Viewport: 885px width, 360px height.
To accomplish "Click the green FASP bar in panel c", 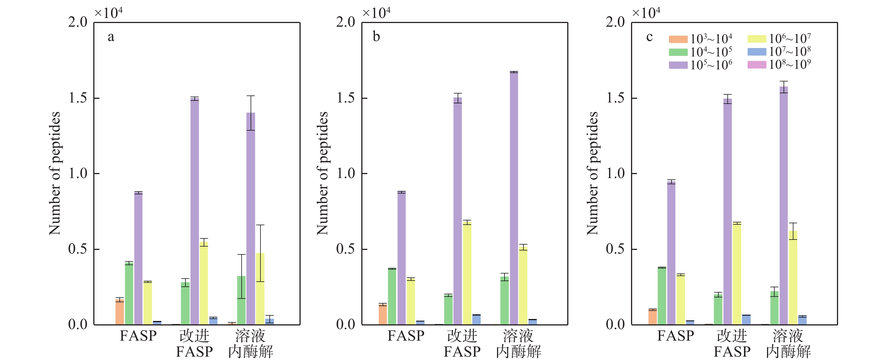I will point(662,296).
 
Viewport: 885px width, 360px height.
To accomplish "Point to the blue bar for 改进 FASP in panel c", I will point(746,320).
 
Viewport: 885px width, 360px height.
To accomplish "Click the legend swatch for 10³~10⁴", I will point(678,39).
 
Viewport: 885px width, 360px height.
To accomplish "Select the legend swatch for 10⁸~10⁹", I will point(757,65).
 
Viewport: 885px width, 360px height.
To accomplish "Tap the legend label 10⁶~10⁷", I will point(789,38).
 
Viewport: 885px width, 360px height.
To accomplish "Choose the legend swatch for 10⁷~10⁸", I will point(757,52).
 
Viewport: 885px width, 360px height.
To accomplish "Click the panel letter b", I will point(376,37).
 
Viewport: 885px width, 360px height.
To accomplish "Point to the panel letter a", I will point(111,37).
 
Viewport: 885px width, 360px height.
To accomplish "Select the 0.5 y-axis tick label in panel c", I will point(615,249).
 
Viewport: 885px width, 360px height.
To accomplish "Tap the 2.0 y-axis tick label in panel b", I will point(346,22).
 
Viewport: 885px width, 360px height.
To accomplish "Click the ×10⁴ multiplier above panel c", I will point(646,13).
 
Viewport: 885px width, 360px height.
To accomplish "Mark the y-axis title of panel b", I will point(323,174).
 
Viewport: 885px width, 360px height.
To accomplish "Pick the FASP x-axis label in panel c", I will point(675,336).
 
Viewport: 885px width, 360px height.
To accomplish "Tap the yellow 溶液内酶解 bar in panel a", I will point(260,289).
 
